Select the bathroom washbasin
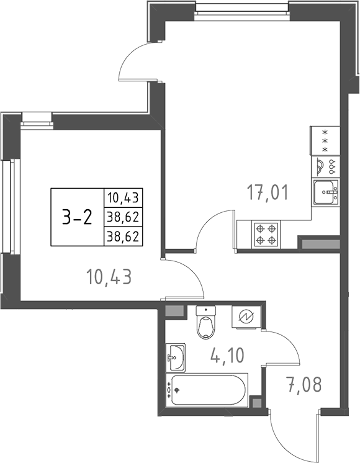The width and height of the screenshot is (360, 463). pos(176,355)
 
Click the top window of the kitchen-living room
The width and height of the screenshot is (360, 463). pos(242,8)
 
